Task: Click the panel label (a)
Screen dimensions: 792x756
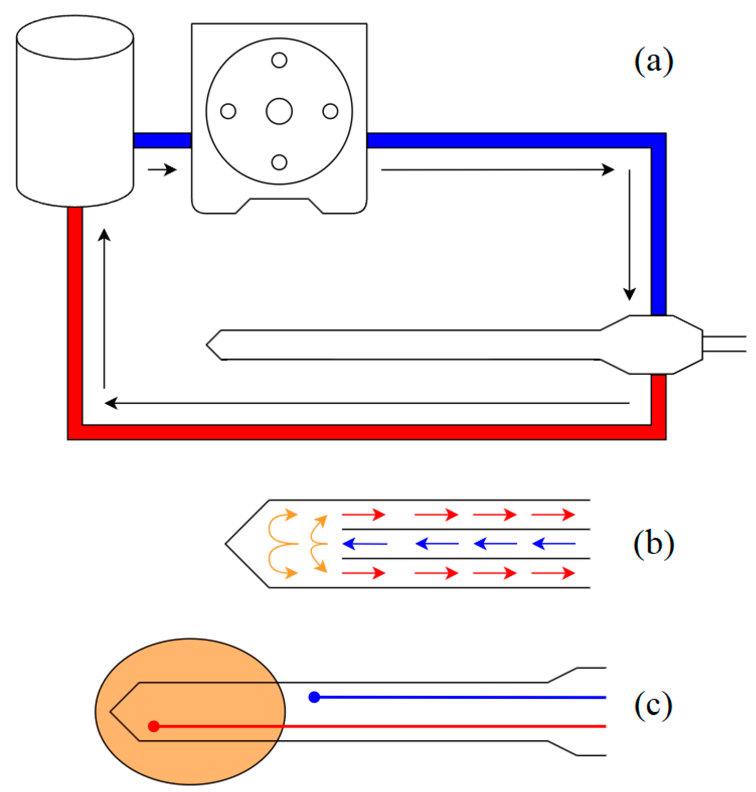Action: [653, 62]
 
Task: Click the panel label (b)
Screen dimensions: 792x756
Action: [653, 544]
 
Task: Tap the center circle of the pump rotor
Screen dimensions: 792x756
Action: [279, 111]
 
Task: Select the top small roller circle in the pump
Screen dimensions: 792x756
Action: [279, 60]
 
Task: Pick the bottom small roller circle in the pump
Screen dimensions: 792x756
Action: [279, 162]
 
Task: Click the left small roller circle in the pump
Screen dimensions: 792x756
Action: [228, 111]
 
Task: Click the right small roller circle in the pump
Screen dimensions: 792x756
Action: [330, 111]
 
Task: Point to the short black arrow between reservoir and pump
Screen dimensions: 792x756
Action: [162, 170]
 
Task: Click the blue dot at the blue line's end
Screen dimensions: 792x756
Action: [314, 697]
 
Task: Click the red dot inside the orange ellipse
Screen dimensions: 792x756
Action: [154, 726]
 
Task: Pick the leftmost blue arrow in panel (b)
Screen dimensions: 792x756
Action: [365, 544]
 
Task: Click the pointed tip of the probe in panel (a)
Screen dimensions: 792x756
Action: [208, 345]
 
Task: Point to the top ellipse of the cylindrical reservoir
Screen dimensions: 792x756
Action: [75, 37]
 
